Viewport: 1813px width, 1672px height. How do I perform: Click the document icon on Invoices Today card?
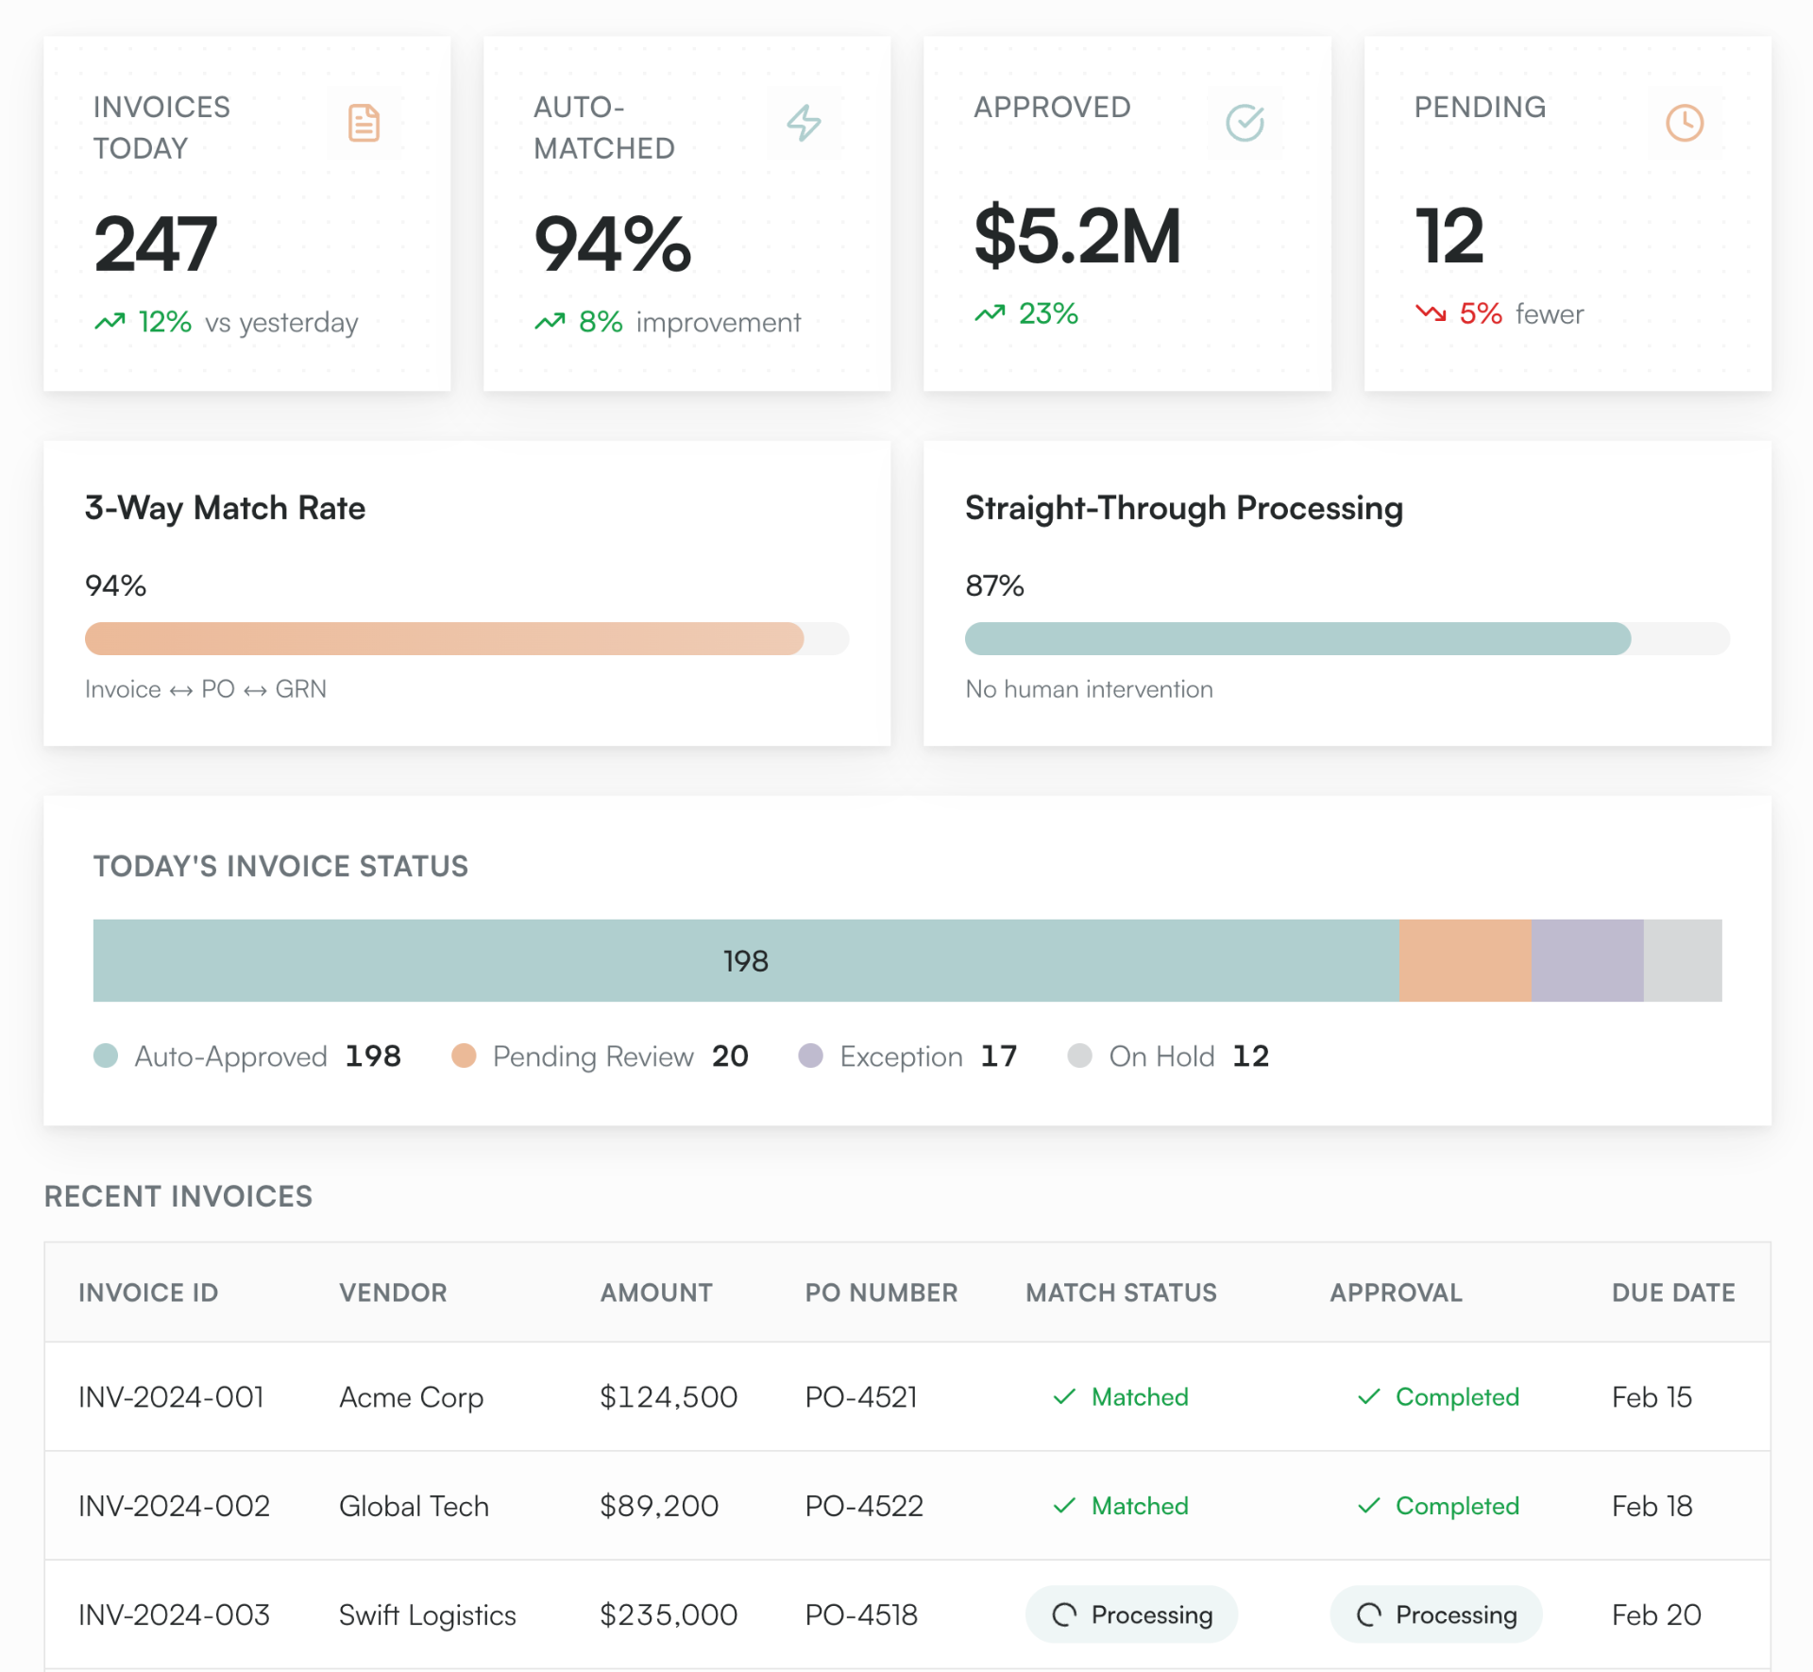coord(364,123)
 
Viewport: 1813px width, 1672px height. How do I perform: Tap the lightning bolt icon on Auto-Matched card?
coord(804,123)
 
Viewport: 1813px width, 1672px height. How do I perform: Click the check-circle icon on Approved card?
coord(1245,123)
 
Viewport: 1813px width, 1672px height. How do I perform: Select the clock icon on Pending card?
coord(1685,123)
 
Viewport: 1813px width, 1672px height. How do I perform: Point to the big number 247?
coord(156,244)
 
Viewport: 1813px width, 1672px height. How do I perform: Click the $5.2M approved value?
coord(1077,236)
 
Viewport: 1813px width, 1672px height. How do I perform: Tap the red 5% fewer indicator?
coord(1499,313)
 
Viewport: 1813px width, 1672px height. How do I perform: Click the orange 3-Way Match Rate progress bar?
coord(444,639)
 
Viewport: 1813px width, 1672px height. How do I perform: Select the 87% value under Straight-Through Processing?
coord(994,585)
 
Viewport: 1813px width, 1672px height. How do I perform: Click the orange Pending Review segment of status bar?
coord(1465,960)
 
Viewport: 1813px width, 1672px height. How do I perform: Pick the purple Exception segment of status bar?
coord(1587,960)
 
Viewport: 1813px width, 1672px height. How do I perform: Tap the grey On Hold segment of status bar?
coord(1683,960)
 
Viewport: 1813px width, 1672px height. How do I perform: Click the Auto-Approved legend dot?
coord(106,1056)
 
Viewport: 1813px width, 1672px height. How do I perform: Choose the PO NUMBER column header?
coord(881,1292)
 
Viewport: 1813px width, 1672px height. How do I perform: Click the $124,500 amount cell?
coord(669,1396)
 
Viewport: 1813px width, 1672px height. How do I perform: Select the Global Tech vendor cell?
coord(414,1506)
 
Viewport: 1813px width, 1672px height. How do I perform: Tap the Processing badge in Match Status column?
coord(1131,1614)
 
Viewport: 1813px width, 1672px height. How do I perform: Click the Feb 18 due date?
coord(1652,1506)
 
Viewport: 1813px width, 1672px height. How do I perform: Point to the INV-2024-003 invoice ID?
coord(174,1614)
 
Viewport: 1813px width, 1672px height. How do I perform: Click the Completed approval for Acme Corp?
coord(1438,1396)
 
